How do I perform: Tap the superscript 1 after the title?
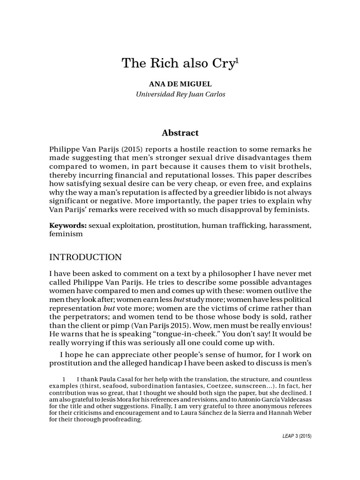click(x=237, y=60)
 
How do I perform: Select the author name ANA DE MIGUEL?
click(x=180, y=84)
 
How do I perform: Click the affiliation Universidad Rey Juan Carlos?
click(x=180, y=94)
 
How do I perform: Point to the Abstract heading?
click(x=180, y=133)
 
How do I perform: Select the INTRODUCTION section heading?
click(x=85, y=257)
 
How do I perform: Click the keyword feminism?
click(x=66, y=234)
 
